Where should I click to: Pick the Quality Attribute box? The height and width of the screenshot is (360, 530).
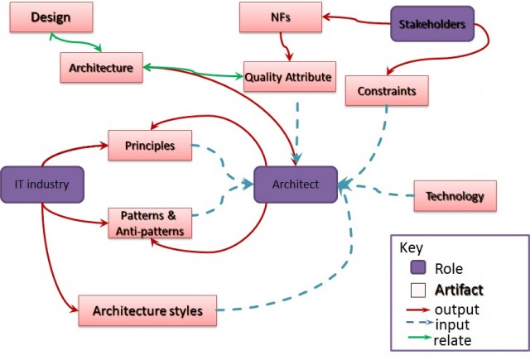point(288,79)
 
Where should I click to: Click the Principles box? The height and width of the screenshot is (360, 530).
point(150,146)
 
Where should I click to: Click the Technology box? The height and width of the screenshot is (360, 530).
point(455,196)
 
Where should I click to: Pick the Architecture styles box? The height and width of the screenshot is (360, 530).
point(147,310)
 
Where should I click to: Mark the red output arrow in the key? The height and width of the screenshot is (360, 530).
point(418,310)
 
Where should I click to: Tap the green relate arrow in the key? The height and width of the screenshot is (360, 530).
point(418,338)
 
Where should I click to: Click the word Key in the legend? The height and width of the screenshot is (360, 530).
point(411,247)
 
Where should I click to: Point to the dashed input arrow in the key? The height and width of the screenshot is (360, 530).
point(418,324)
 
